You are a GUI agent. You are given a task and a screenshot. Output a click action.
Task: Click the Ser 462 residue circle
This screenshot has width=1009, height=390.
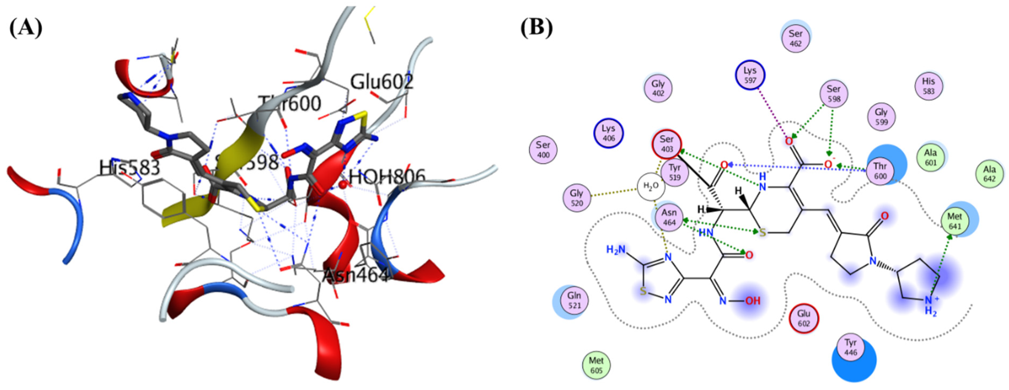pos(795,38)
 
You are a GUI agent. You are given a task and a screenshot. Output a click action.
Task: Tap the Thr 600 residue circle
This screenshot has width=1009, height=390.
pos(880,171)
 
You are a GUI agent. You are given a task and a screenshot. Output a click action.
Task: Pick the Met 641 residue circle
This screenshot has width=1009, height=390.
pos(954,221)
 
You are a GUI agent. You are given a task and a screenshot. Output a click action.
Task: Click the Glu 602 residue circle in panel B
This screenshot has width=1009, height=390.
pos(804,318)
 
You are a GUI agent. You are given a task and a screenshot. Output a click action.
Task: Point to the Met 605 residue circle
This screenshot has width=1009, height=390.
pos(596,365)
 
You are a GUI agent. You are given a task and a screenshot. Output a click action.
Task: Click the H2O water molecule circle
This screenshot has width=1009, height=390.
pos(651,187)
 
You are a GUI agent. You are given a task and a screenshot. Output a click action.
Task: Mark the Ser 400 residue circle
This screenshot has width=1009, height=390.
pos(543,149)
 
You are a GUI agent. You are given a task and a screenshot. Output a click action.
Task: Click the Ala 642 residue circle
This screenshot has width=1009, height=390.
pos(989,174)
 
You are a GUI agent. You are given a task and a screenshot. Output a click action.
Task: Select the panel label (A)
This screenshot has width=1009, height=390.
pos(26,29)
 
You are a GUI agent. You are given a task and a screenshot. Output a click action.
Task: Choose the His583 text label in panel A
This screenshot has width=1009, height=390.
pos(130,168)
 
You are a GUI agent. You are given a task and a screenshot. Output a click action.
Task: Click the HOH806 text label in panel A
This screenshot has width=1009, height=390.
pos(387,177)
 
